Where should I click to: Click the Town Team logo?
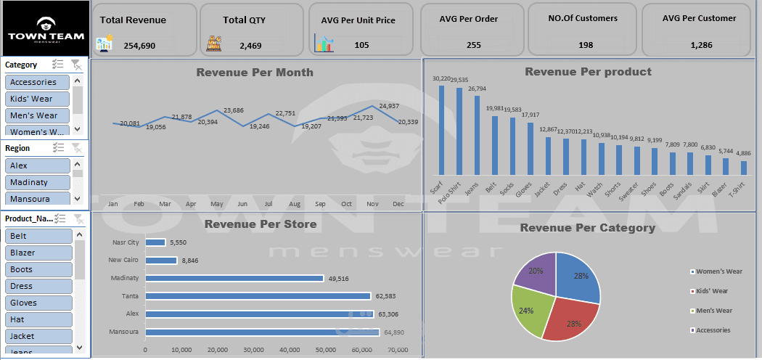[46, 29]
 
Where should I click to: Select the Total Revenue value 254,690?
[139, 45]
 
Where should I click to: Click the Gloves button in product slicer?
[38, 303]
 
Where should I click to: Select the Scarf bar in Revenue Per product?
[441, 130]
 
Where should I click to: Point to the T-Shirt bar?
[743, 167]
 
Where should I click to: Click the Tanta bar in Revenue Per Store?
[258, 296]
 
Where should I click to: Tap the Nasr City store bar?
[155, 242]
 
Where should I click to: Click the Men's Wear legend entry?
[713, 311]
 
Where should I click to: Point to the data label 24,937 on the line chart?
[389, 106]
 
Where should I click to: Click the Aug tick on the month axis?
[294, 205]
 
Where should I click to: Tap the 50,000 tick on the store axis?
[325, 350]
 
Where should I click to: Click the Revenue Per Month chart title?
[255, 73]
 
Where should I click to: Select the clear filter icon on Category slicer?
[76, 65]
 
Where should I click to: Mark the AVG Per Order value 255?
[473, 45]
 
